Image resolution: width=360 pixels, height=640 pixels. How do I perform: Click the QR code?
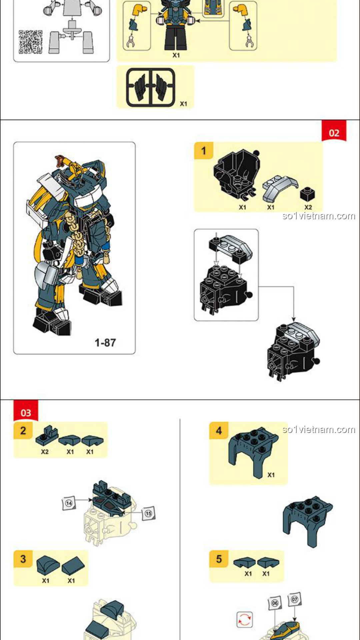pos(31,42)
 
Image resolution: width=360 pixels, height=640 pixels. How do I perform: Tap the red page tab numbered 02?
pos(334,131)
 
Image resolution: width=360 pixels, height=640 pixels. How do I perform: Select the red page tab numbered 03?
pos(26,411)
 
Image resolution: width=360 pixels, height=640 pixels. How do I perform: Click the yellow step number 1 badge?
pos(204,151)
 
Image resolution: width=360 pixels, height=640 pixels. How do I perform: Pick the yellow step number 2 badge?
pos(23,430)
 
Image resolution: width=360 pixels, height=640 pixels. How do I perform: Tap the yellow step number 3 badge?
pos(23,559)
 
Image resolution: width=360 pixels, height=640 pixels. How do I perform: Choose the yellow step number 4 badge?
pos(219,430)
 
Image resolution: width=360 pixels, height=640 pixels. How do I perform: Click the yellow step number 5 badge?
pos(219,559)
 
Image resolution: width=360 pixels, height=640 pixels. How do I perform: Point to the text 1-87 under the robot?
pos(105,343)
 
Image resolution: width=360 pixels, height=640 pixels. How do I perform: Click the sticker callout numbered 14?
pos(69,503)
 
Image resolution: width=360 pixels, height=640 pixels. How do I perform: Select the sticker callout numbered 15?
pos(148,514)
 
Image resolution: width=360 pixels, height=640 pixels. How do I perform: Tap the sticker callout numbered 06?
pos(275,603)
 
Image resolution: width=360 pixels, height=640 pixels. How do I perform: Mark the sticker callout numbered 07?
pos(295,599)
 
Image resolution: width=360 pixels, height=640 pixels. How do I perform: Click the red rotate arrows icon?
pos(245,620)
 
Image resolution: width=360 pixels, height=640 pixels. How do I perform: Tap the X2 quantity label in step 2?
pos(45,452)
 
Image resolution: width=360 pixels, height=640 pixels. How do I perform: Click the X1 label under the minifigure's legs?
pos(176,55)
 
